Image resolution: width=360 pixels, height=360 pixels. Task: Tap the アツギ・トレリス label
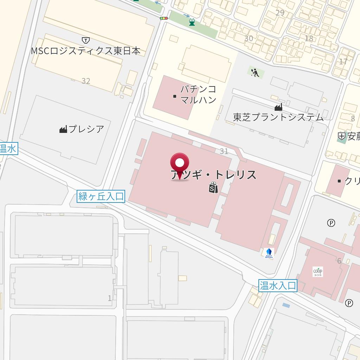tap(214, 175)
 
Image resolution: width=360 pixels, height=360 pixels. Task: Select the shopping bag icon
tap(213, 188)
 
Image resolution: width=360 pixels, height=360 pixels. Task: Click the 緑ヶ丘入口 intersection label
tap(101, 196)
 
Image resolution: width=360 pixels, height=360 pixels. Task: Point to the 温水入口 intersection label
tap(278, 285)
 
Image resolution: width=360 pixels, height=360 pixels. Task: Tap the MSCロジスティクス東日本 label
tap(85, 51)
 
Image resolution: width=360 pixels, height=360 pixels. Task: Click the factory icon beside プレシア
tap(63, 129)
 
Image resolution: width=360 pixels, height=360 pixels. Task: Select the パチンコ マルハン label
tap(198, 94)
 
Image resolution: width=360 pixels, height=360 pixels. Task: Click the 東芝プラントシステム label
tap(278, 117)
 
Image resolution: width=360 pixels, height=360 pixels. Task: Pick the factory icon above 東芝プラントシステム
tap(278, 107)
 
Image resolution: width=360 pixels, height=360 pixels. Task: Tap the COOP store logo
tap(317, 271)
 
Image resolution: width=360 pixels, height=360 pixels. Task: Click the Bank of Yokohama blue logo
tap(269, 253)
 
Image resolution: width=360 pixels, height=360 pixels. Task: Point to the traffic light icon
tap(163, 18)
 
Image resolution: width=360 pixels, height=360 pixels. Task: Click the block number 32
tap(86, 81)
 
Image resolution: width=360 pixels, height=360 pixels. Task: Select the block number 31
tap(224, 151)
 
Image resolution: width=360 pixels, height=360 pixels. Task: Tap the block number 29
tap(280, 13)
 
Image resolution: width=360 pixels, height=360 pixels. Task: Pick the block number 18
tap(309, 38)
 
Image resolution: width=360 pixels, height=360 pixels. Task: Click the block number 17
tap(343, 62)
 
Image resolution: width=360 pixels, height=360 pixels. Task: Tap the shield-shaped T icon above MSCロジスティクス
tap(85, 40)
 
